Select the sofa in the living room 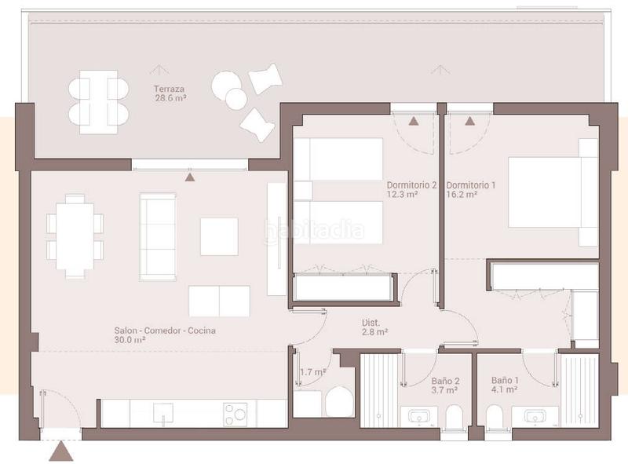(x=157, y=236)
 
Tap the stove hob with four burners (x=235, y=414)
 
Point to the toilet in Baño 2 (x=453, y=418)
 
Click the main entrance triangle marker (x=60, y=451)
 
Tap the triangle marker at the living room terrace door (x=189, y=177)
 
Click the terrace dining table (x=98, y=100)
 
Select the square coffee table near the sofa (x=219, y=236)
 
